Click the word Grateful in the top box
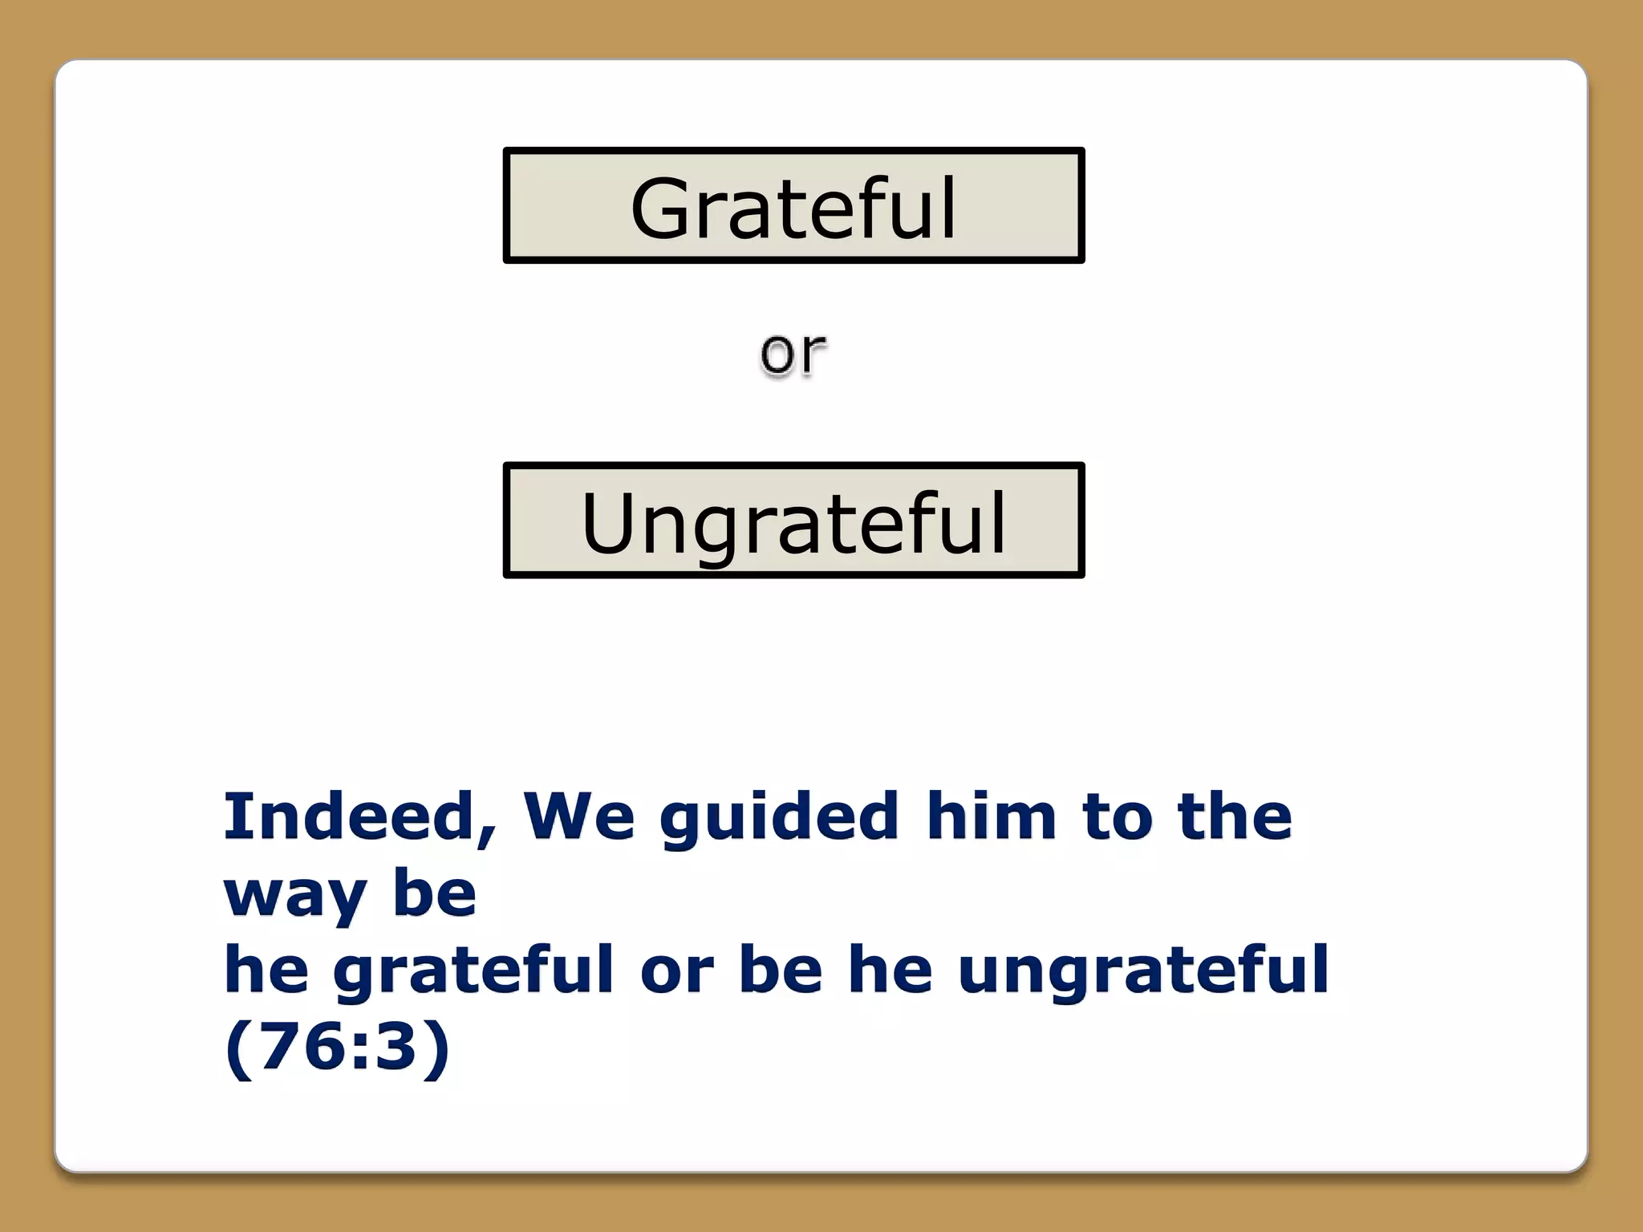point(793,208)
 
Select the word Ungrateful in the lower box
point(793,523)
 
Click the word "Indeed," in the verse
point(359,817)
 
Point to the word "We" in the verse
point(578,817)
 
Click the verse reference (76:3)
point(337,1047)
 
